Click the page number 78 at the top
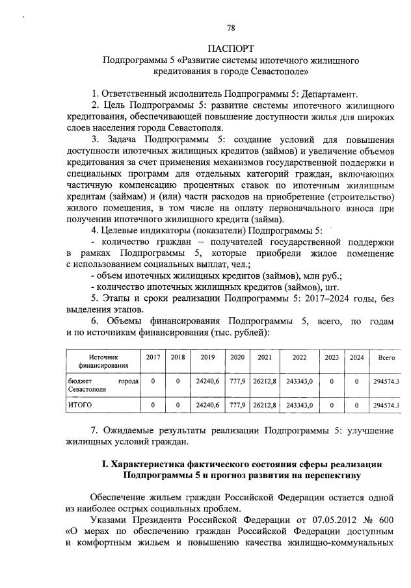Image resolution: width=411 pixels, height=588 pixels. (231, 28)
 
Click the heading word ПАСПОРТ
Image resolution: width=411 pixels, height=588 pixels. (231, 49)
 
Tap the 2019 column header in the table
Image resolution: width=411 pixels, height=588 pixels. (207, 357)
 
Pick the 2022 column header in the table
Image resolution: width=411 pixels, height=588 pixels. (299, 357)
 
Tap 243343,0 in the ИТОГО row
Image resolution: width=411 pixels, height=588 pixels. (299, 405)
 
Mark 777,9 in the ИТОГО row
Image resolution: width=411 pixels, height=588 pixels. (237, 405)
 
